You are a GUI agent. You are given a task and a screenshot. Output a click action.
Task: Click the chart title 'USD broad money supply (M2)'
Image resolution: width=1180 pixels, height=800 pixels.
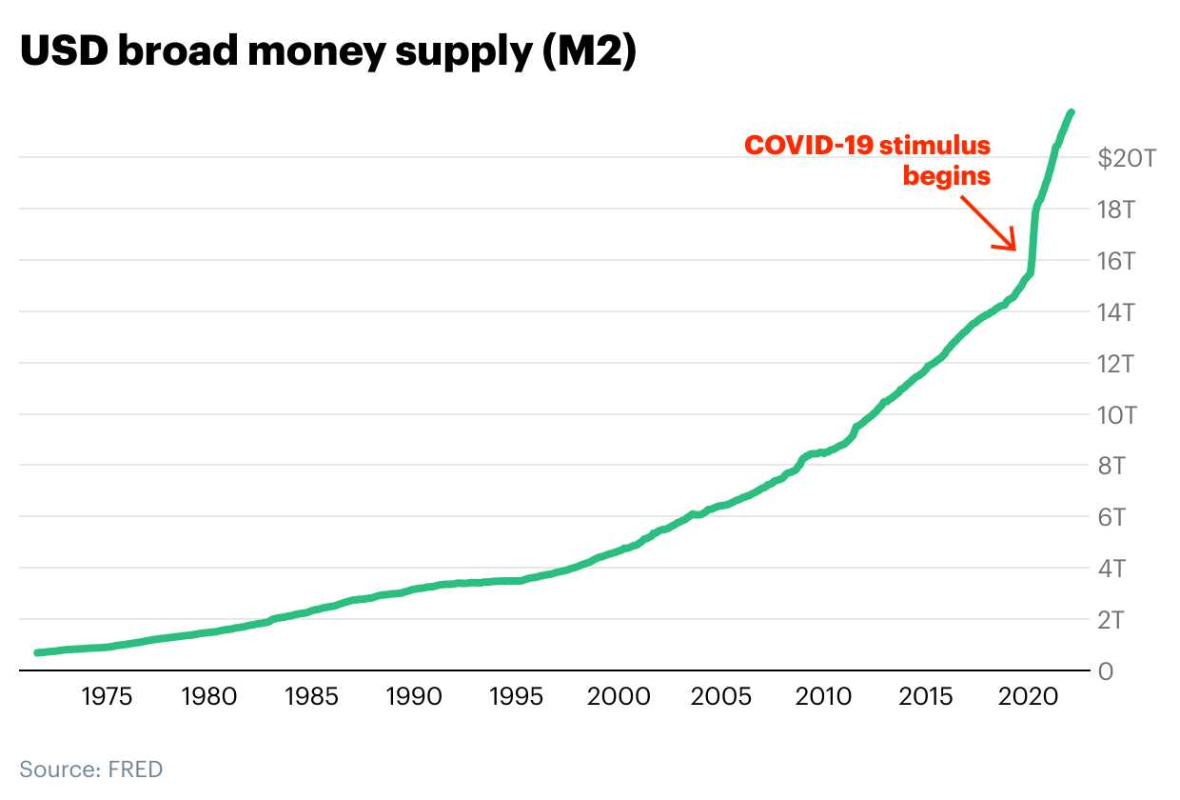pyautogui.click(x=327, y=53)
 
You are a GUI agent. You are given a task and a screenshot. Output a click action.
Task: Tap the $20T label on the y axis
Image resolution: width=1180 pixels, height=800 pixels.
pyautogui.click(x=1127, y=159)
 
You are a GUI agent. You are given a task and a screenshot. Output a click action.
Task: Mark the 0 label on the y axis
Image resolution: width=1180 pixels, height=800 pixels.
pyautogui.click(x=1105, y=672)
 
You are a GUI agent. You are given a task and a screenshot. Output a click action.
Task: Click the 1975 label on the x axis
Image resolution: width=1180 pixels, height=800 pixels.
pyautogui.click(x=107, y=697)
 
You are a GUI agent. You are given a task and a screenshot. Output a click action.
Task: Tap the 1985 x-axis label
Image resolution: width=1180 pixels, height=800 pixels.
pyautogui.click(x=311, y=697)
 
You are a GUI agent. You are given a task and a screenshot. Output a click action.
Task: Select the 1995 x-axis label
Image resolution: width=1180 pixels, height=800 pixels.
pyautogui.click(x=517, y=697)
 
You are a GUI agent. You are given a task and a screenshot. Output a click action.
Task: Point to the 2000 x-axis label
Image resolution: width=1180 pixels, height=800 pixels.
pyautogui.click(x=619, y=697)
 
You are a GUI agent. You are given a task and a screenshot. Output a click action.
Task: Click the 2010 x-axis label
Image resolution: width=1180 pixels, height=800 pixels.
pyautogui.click(x=824, y=697)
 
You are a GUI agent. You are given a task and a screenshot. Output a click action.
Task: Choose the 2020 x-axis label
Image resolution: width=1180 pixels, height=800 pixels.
pyautogui.click(x=1029, y=697)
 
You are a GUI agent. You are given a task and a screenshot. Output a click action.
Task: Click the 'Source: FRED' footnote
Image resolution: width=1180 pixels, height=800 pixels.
pyautogui.click(x=91, y=769)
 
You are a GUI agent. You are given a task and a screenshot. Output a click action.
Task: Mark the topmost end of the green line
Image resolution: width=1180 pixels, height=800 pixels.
pyautogui.click(x=1072, y=112)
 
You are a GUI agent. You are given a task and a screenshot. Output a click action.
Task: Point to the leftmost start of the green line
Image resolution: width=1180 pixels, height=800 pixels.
pyautogui.click(x=37, y=652)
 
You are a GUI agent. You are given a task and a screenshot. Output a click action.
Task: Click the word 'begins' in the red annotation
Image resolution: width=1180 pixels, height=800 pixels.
pyautogui.click(x=946, y=176)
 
